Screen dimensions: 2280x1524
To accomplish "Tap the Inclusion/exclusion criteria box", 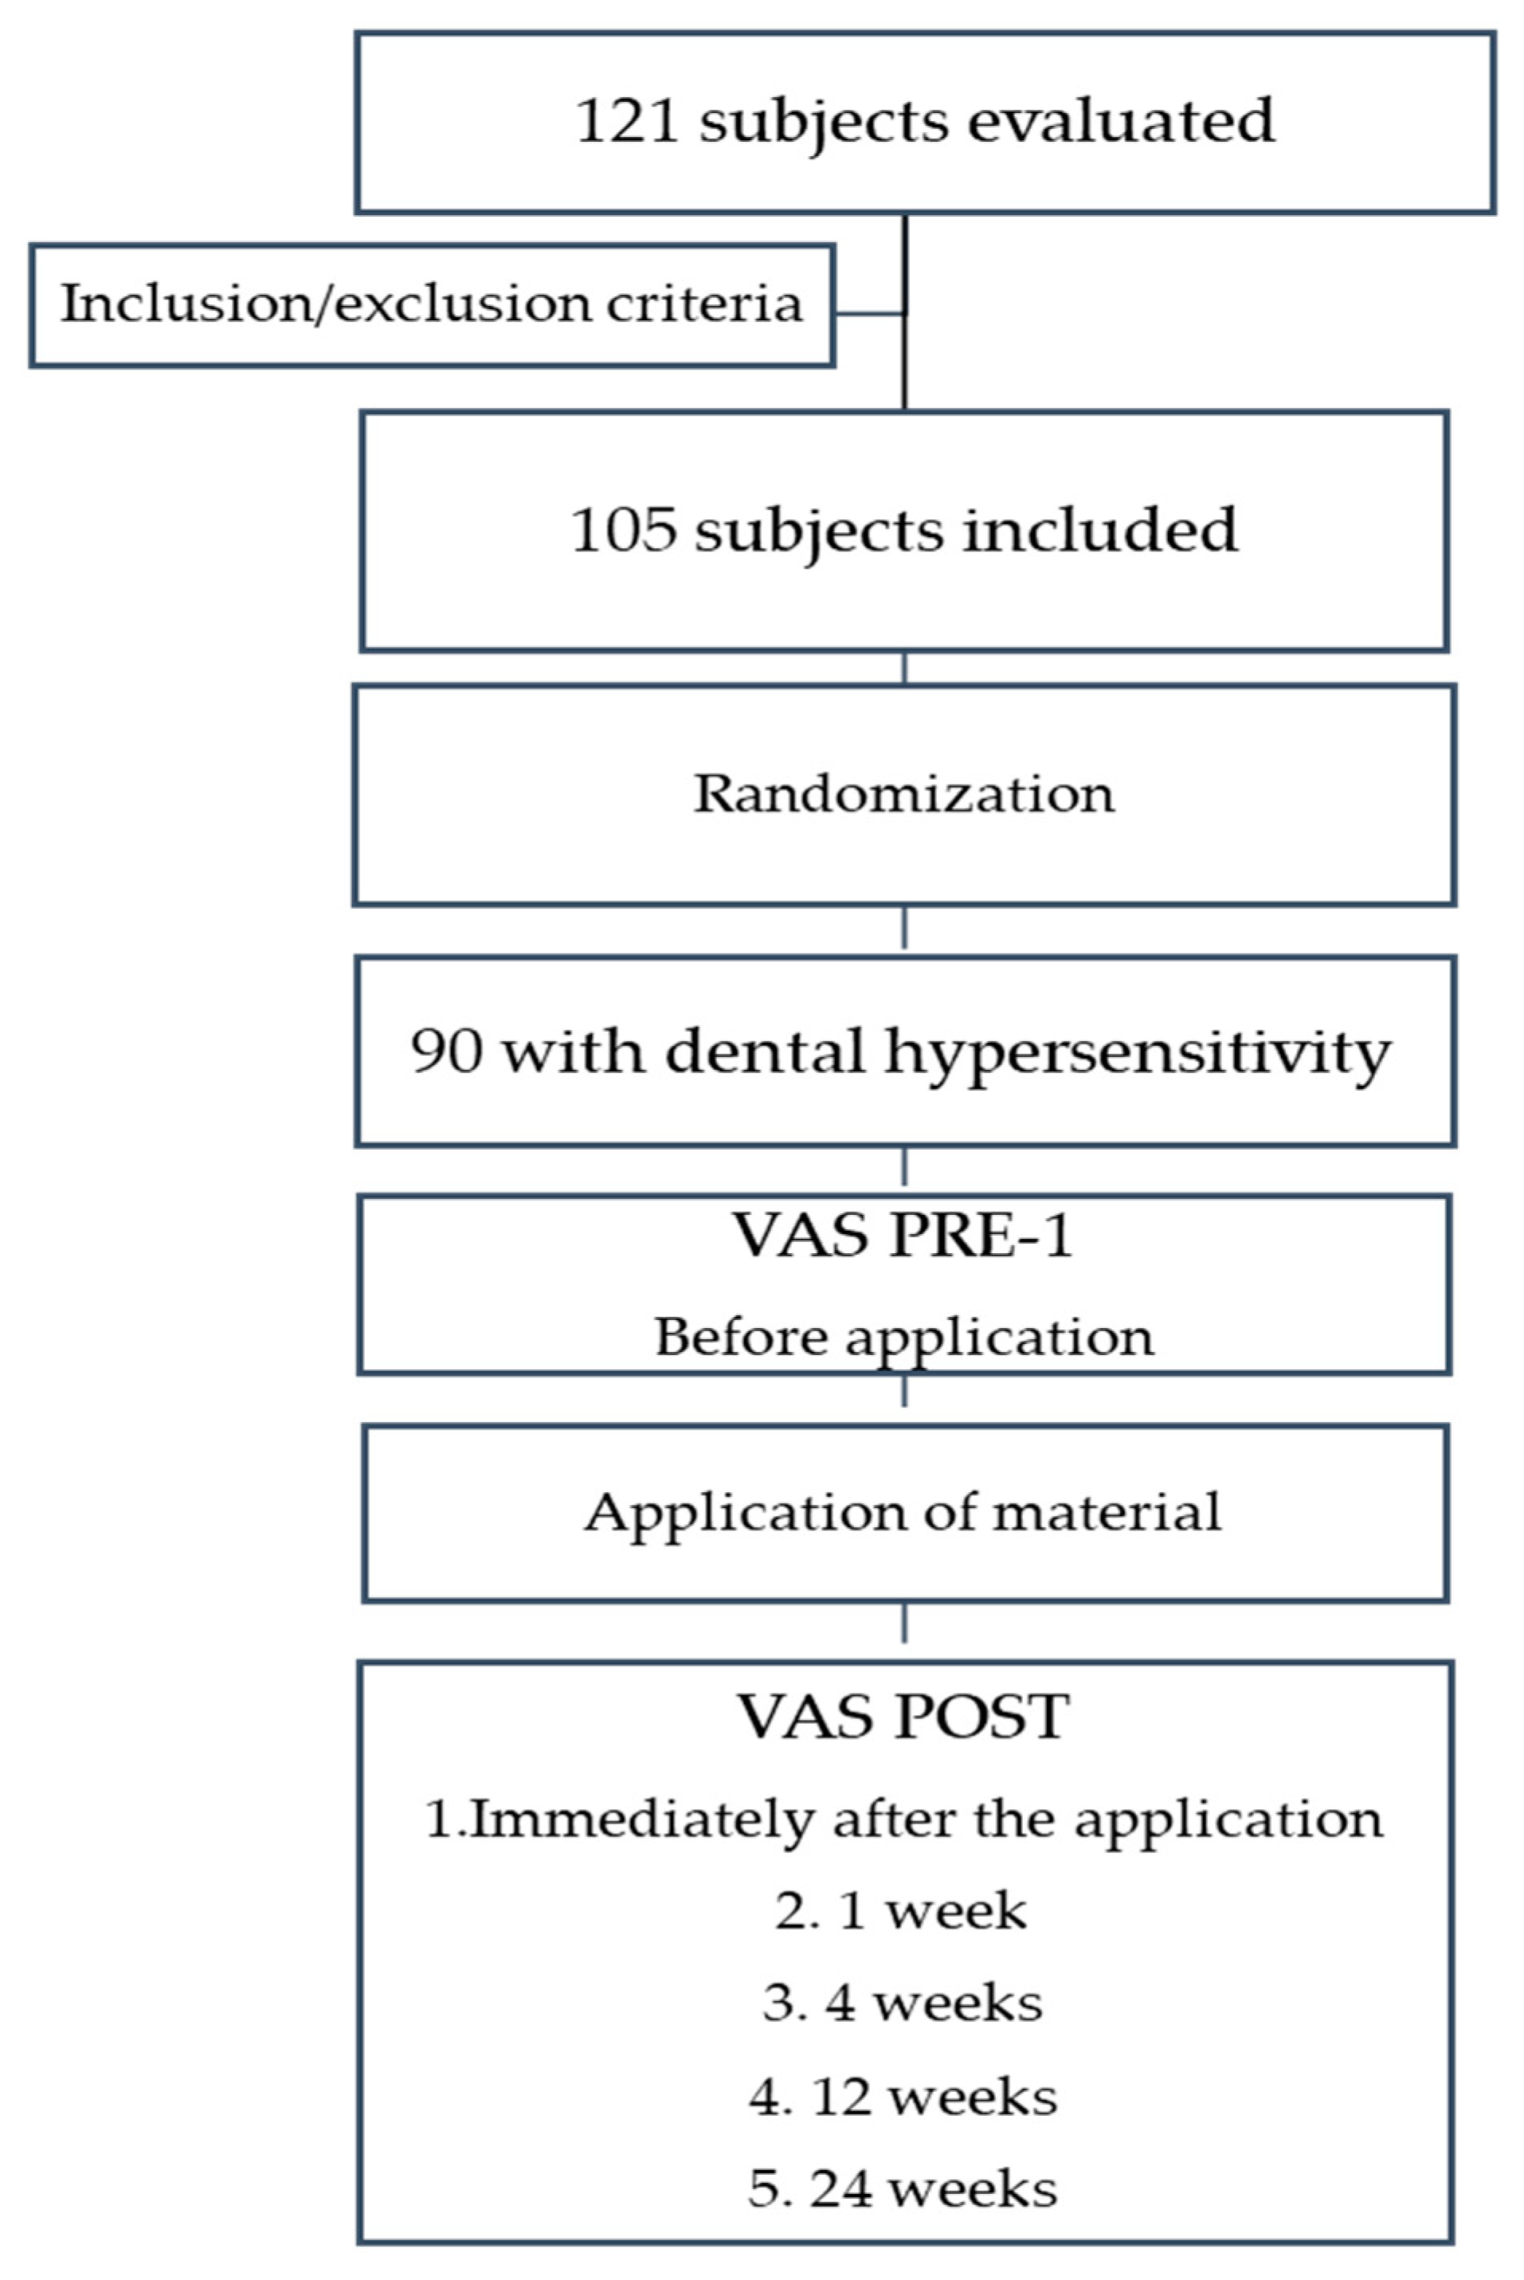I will pyautogui.click(x=432, y=305).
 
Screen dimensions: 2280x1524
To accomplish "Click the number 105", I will pyautogui.click(x=622, y=531).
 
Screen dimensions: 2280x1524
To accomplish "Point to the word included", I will pyautogui.click(x=1100, y=531).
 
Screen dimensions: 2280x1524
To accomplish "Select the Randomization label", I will pyautogui.click(x=904, y=794).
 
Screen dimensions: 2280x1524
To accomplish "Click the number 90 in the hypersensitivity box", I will pyautogui.click(x=446, y=1052).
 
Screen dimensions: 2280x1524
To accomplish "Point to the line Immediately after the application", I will pyautogui.click(x=904, y=1820).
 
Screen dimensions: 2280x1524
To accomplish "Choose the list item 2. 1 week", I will pyautogui.click(x=901, y=1912).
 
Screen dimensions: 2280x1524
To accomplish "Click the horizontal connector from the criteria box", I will pyautogui.click(x=870, y=314).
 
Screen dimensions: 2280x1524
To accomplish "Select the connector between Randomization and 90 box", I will pyautogui.click(x=905, y=929).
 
